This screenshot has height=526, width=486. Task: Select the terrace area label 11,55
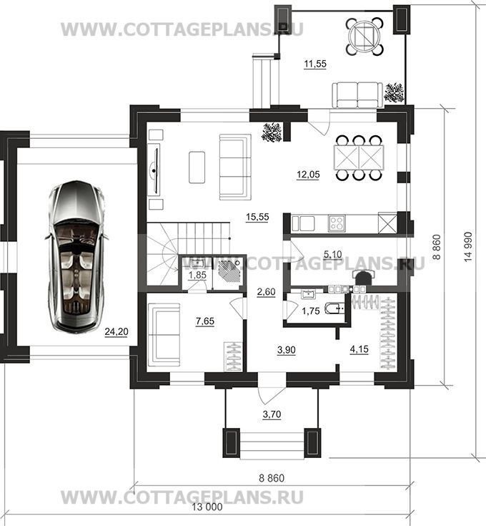pyautogui.click(x=314, y=65)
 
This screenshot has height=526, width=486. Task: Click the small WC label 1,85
pyautogui.click(x=196, y=275)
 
